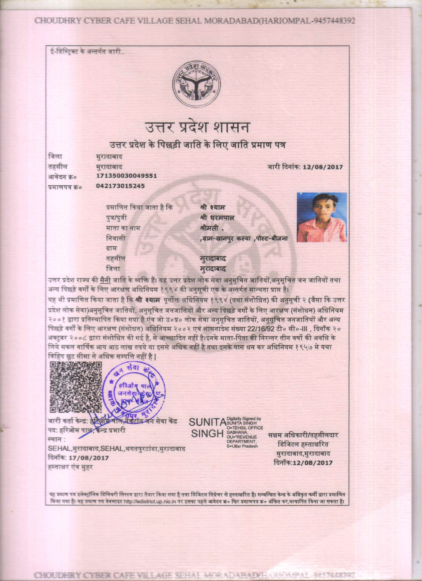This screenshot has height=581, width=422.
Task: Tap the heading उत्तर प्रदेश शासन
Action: (197, 127)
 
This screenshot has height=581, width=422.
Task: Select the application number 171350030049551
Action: (126, 176)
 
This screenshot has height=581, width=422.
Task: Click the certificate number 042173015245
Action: (120, 186)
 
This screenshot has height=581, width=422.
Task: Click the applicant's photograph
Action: (322, 217)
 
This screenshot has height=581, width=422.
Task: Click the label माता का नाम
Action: (123, 228)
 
